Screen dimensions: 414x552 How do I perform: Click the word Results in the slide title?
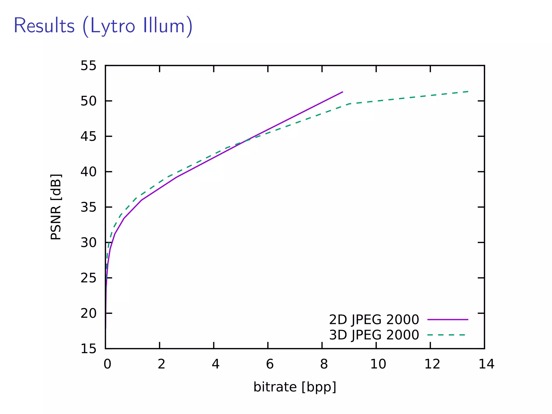coord(44,26)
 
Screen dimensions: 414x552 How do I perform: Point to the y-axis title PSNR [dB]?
coord(56,207)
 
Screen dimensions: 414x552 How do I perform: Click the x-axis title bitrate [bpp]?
coord(295,387)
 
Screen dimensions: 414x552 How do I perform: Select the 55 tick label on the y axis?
coord(88,66)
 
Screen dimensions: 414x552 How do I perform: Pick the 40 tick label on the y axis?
coord(88,172)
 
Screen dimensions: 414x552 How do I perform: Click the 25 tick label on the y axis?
coord(88,278)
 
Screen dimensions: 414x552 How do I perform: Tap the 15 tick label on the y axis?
coord(88,349)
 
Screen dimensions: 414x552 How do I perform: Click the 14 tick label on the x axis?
coord(486,364)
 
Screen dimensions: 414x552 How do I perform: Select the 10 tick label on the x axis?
coord(378,364)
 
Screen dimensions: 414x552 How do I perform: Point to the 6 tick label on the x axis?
coord(270,364)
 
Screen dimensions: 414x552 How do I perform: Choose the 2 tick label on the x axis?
coord(161,364)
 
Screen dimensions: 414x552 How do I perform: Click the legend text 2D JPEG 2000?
coord(374,320)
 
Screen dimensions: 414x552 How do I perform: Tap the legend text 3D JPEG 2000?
coord(374,335)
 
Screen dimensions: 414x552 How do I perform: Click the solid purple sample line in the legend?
coord(448,320)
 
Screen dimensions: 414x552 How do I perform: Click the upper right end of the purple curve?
coord(342,92)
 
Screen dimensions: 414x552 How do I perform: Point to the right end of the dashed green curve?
coord(468,92)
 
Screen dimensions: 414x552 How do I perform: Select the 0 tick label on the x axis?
coord(107,364)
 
